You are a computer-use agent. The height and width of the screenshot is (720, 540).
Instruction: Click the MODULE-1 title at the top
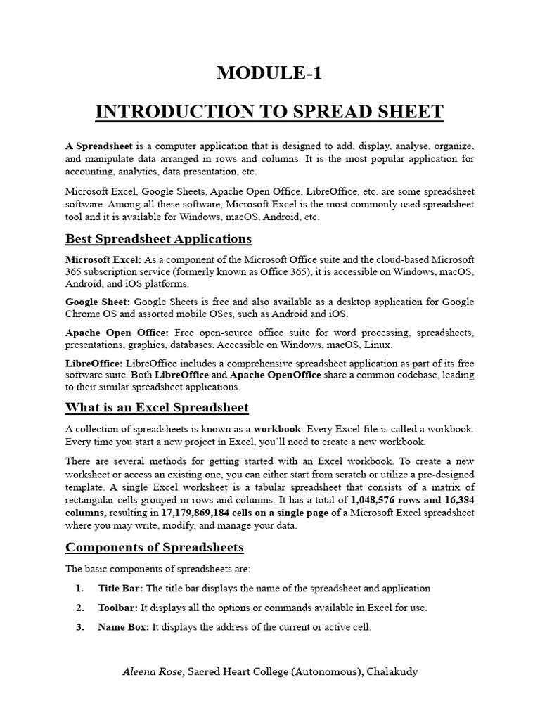tap(269, 73)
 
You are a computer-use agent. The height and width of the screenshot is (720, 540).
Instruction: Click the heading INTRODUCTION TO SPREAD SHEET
tap(269, 112)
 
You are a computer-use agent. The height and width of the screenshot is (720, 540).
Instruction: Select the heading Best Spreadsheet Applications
tap(158, 238)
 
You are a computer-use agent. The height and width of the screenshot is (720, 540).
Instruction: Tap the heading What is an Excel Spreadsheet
tap(157, 408)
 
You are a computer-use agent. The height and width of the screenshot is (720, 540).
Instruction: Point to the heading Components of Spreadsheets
tap(154, 547)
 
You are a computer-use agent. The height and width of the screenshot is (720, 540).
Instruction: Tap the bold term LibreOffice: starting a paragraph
tap(94, 363)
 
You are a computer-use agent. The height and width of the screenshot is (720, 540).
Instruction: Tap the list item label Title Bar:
tap(120, 588)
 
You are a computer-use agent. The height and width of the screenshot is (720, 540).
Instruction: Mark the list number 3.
tap(79, 627)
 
